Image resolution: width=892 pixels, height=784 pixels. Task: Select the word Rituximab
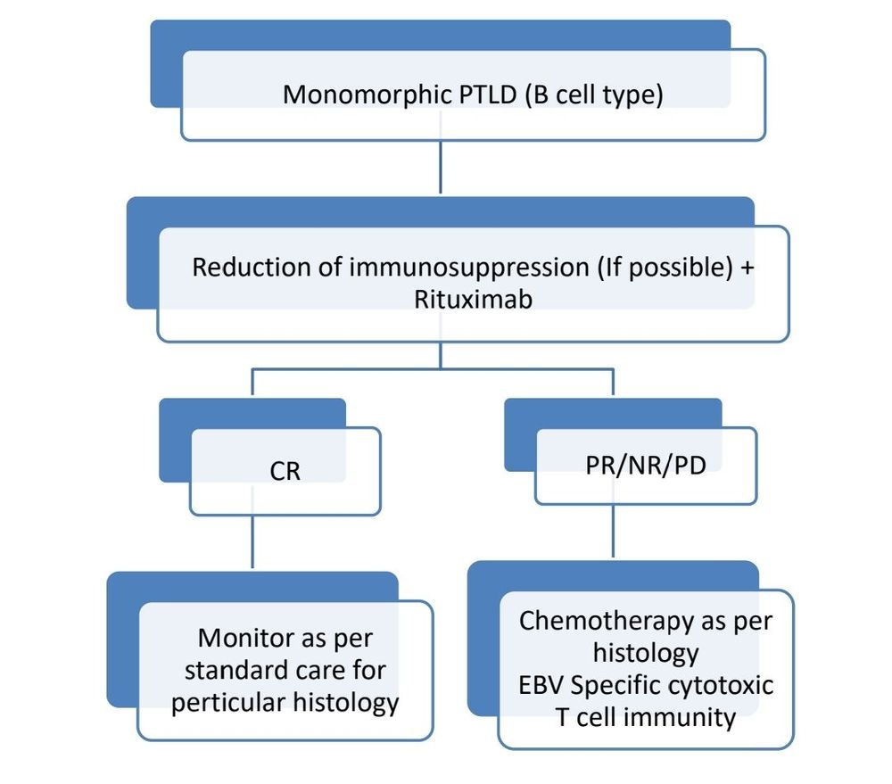pos(473,299)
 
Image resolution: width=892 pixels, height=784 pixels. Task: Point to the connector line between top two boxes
pos(441,168)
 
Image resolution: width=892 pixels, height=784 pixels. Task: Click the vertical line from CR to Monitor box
pos(252,544)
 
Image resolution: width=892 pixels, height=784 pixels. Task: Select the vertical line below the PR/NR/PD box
pos(613,532)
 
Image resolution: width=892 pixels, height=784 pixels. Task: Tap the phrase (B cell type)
pos(592,95)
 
